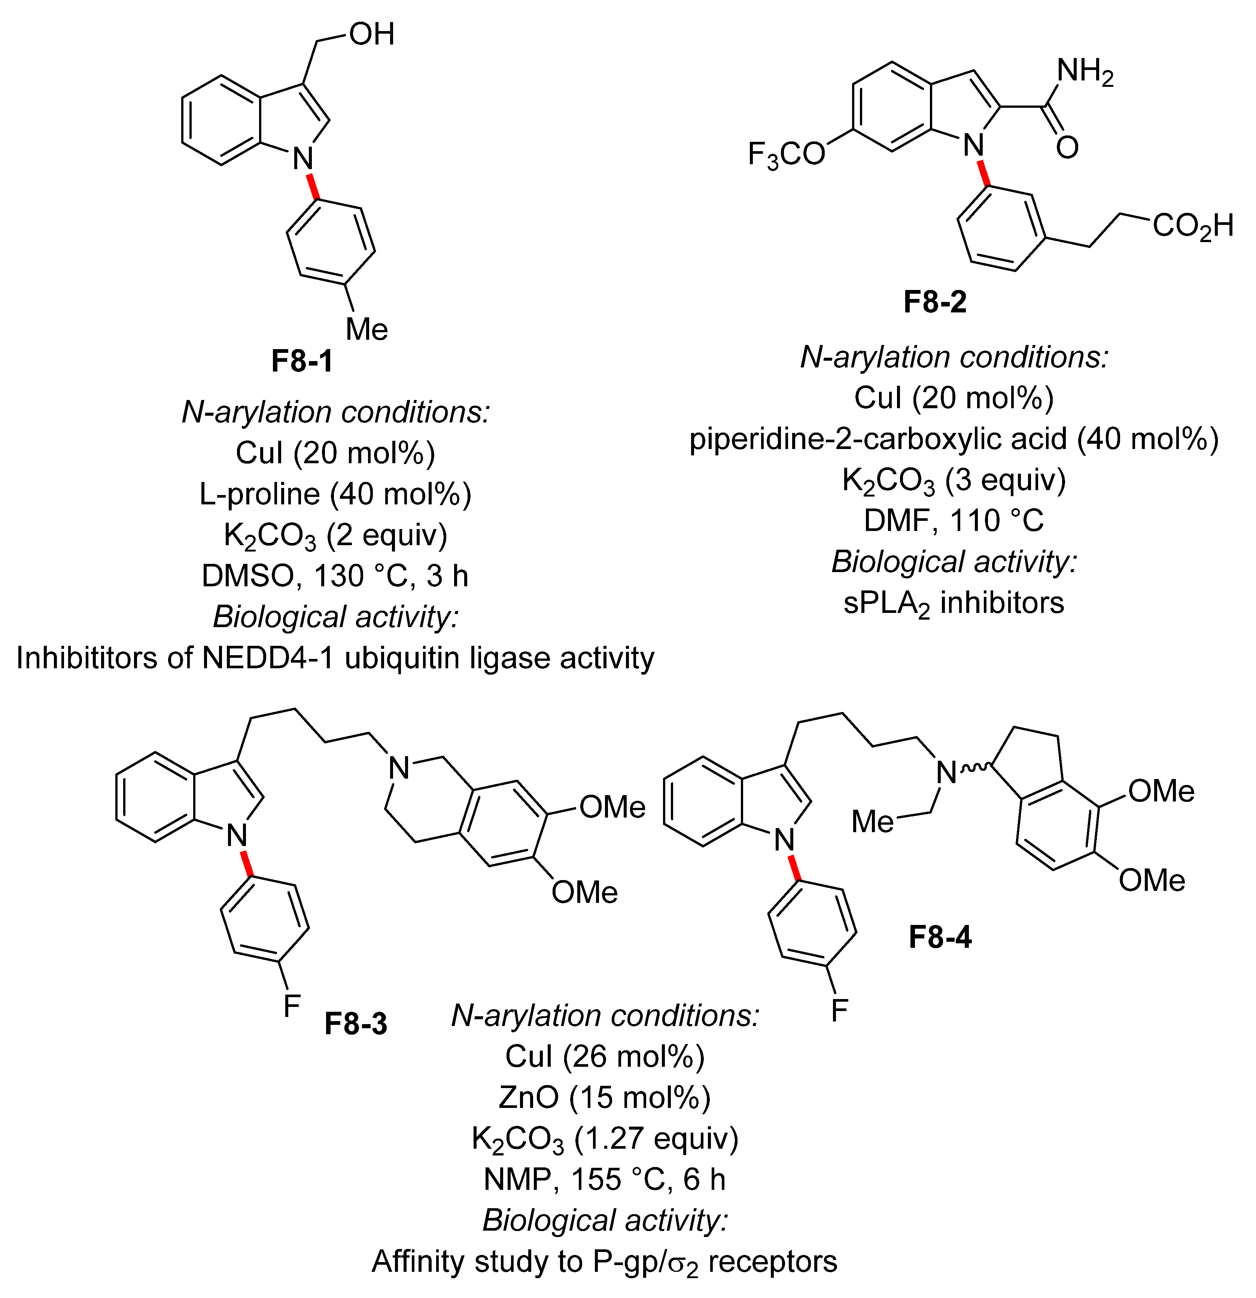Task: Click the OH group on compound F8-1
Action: [372, 34]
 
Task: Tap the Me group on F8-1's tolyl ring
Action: [367, 329]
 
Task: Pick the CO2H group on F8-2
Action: [1192, 226]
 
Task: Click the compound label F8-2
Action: [935, 302]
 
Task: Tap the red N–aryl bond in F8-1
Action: [313, 186]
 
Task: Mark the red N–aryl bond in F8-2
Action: [984, 171]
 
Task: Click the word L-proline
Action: [261, 494]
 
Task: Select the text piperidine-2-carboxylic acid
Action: [878, 439]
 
